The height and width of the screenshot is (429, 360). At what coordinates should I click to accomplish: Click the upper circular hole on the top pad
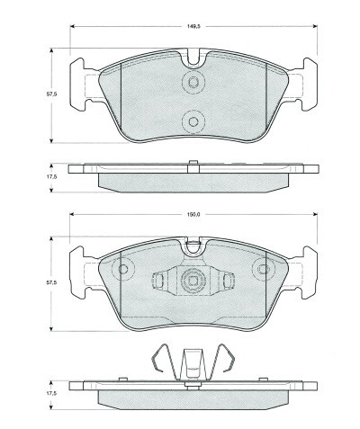pos(193,83)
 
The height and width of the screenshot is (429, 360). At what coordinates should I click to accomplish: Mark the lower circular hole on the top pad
pos(193,121)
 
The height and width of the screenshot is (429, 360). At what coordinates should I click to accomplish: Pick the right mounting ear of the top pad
pos(304,83)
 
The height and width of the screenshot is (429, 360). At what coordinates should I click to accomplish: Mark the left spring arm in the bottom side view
pos(158,361)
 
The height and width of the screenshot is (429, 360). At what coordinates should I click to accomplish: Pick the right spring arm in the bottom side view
pos(227,361)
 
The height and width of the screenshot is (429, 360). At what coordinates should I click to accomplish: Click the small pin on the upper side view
pos(193,164)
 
